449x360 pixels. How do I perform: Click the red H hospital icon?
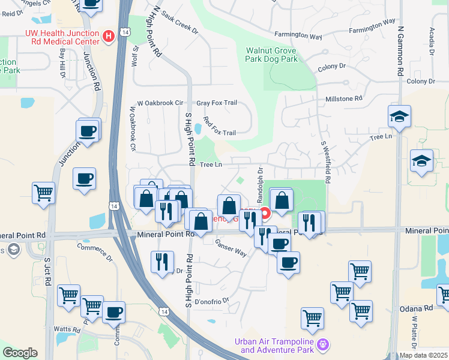pyautogui.click(x=109, y=37)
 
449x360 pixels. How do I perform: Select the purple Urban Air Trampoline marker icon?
pyautogui.click(x=324, y=345)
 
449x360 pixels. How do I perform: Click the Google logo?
pyautogui.click(x=20, y=353)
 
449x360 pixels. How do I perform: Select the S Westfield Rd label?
pyautogui.click(x=327, y=162)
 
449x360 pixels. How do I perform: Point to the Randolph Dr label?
pyautogui.click(x=260, y=184)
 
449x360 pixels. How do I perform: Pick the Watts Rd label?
pyautogui.click(x=67, y=329)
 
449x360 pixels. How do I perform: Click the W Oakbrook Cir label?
pyautogui.click(x=160, y=103)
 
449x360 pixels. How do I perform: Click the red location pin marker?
pyautogui.click(x=264, y=213)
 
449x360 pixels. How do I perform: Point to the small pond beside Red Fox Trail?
pyautogui.click(x=198, y=128)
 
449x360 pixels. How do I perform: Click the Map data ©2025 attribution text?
pyautogui.click(x=423, y=355)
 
